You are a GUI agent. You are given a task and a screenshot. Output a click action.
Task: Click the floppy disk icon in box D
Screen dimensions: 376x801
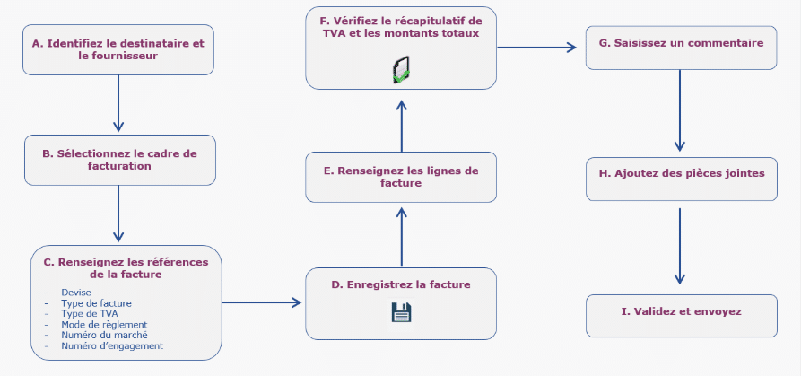pos(401,312)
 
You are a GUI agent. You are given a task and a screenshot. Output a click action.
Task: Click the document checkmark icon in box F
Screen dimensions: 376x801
pos(401,70)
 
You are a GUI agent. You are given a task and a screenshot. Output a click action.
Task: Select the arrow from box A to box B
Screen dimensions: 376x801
pos(118,102)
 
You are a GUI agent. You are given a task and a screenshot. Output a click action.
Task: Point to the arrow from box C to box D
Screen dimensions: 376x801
pos(261,302)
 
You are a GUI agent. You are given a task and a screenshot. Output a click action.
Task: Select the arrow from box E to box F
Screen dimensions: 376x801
pos(401,126)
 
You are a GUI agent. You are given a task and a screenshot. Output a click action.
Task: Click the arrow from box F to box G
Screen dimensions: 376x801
pos(536,47)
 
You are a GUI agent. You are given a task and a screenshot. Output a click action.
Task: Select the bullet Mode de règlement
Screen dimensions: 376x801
pos(104,324)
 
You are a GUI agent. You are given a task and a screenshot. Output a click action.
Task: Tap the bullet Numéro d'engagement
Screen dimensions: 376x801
pos(112,345)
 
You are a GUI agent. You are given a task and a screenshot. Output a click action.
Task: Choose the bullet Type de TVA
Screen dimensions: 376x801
pos(89,313)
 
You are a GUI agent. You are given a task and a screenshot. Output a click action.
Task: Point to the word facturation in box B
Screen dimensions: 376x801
pos(118,166)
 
